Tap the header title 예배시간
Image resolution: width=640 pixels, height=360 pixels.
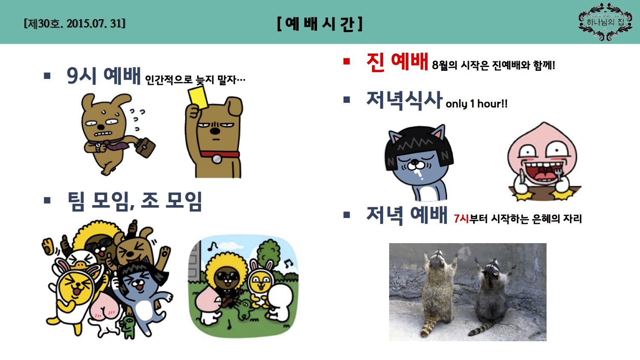point(320,23)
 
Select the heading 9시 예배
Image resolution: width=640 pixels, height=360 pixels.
point(104,76)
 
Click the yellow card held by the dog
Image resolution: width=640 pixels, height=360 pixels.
point(198,96)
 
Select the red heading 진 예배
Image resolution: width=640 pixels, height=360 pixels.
point(397,61)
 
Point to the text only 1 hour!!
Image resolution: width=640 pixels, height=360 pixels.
point(477,104)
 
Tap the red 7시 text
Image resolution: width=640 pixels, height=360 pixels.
point(461,218)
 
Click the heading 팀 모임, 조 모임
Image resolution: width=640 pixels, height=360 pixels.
point(135,201)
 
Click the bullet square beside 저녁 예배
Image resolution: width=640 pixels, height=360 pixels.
point(347,215)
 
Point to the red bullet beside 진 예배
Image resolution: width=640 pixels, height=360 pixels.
point(347,61)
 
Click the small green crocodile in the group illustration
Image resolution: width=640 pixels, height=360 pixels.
point(128,326)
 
